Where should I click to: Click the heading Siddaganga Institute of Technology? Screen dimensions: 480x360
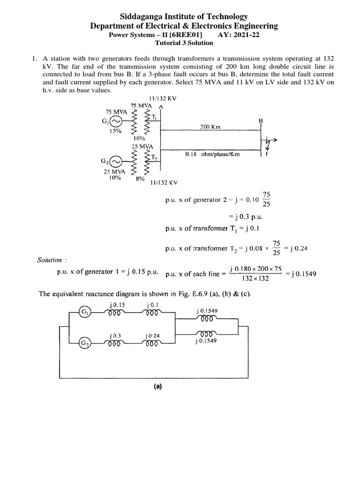click(x=180, y=17)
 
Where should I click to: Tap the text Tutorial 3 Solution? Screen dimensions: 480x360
click(x=184, y=43)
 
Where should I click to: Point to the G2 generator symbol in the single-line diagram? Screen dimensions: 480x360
click(x=116, y=162)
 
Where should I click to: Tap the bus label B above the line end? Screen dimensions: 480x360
click(x=262, y=120)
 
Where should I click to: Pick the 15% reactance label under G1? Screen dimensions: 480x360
click(x=115, y=132)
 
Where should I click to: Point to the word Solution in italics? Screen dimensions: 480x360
click(x=49, y=260)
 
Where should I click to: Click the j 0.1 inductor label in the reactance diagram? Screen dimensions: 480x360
click(x=150, y=305)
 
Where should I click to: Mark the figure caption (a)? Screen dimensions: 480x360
click(x=157, y=387)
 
